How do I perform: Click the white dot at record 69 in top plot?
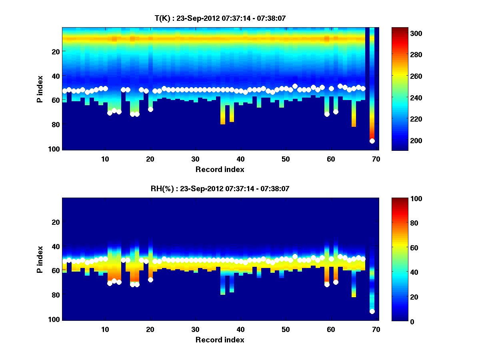372,141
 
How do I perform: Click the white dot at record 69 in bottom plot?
372,311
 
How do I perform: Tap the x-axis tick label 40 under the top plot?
240,159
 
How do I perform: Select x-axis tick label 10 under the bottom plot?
105,329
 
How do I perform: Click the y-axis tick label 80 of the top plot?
55,124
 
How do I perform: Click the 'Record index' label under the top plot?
220,169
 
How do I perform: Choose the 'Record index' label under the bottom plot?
220,340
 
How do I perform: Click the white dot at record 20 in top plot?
150,109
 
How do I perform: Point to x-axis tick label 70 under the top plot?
376,159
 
